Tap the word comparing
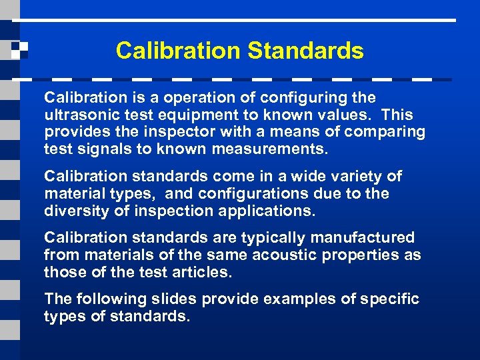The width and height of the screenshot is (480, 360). (x=385, y=132)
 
